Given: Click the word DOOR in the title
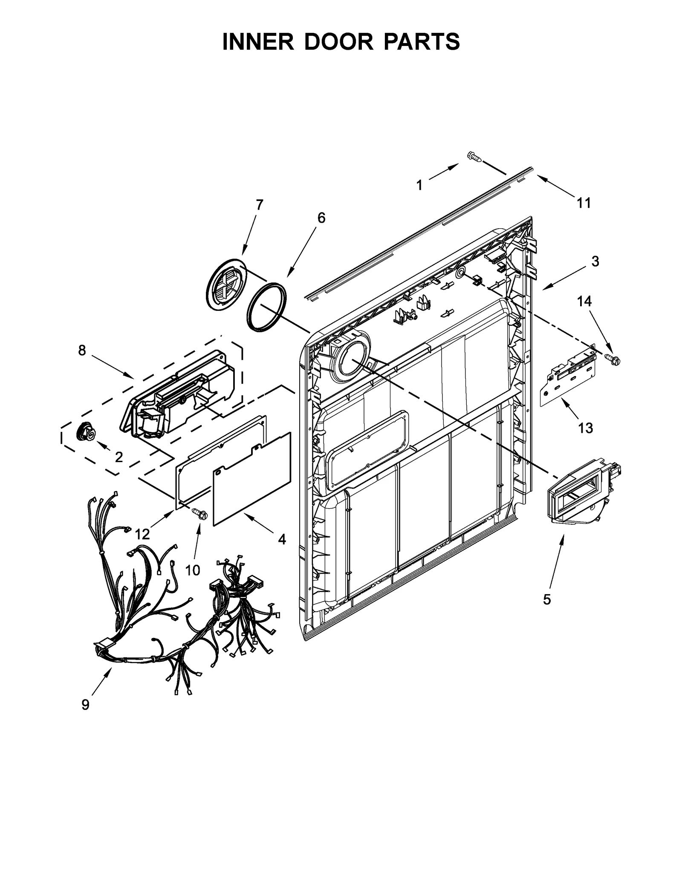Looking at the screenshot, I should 341,42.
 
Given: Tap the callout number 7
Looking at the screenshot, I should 259,205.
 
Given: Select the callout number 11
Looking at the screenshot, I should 584,203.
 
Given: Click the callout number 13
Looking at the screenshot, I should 585,428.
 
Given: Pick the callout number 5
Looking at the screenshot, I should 547,600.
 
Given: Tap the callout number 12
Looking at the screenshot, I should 142,534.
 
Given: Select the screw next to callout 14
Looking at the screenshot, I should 614,359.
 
